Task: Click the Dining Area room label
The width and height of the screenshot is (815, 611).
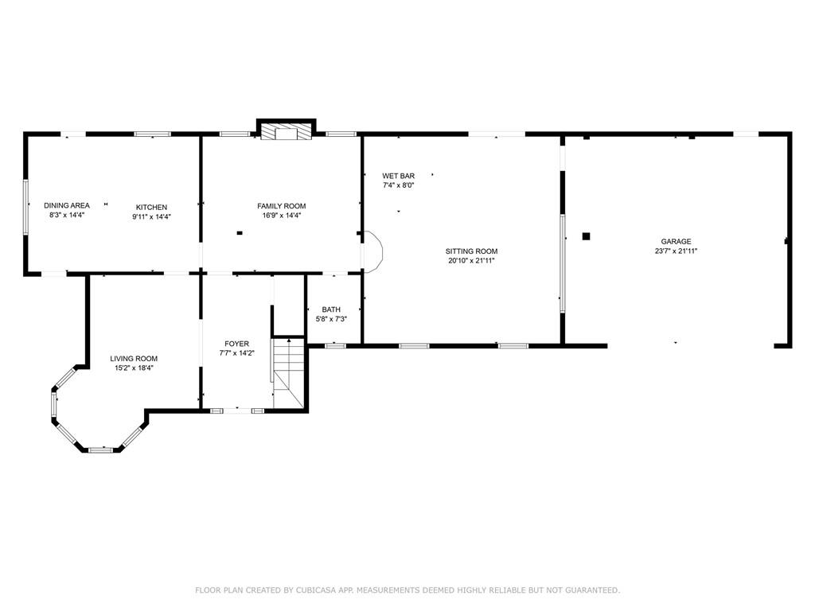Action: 67,205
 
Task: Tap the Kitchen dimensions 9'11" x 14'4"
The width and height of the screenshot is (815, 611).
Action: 152,216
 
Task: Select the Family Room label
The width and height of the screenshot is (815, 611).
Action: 282,206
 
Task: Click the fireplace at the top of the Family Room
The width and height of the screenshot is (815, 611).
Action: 287,132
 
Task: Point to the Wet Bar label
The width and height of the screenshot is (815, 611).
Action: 399,176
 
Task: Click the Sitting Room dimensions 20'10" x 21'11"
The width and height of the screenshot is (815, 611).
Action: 471,261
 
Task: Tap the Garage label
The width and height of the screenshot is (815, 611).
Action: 677,241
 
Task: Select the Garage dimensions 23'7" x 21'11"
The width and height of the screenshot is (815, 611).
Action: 677,251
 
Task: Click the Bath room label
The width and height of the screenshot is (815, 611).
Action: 331,309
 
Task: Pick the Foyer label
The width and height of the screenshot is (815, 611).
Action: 237,344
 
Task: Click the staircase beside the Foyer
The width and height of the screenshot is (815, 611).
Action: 288,373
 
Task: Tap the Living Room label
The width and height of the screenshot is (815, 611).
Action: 134,359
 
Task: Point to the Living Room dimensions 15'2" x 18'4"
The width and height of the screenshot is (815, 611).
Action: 134,368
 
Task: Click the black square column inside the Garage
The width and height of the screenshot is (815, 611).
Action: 587,236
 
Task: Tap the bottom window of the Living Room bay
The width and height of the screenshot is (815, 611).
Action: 100,449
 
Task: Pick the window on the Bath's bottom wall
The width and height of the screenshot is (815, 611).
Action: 335,345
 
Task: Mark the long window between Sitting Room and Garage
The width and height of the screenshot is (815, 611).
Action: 563,263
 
